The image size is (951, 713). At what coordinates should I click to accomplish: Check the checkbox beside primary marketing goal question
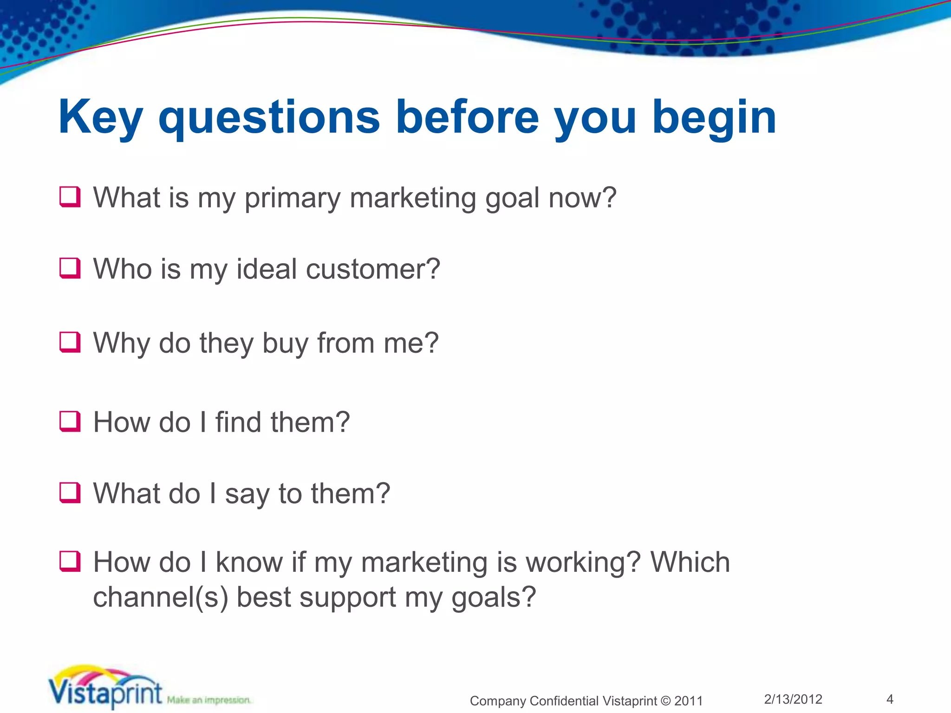(70, 197)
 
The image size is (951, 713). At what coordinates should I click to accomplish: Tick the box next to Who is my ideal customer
(70, 268)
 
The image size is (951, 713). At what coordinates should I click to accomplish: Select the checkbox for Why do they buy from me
(70, 343)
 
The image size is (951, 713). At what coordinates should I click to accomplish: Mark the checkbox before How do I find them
(70, 421)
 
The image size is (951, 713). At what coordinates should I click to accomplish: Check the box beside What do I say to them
(70, 493)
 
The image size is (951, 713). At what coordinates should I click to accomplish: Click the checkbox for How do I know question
(70, 562)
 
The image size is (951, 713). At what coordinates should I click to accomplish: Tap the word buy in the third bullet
(285, 344)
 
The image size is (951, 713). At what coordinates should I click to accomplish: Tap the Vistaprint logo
(106, 689)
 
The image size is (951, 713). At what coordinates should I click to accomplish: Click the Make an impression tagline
(209, 700)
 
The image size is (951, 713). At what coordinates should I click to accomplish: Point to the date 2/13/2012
(793, 699)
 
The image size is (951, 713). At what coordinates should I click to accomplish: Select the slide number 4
(890, 699)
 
